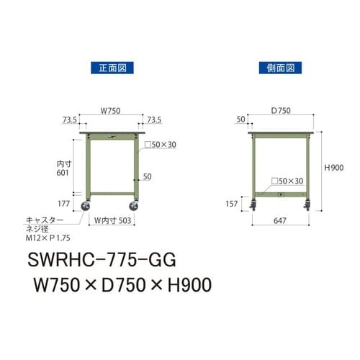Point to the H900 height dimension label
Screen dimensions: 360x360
click(334, 167)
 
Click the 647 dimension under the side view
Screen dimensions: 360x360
click(281, 221)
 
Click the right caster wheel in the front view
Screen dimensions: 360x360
click(135, 208)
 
